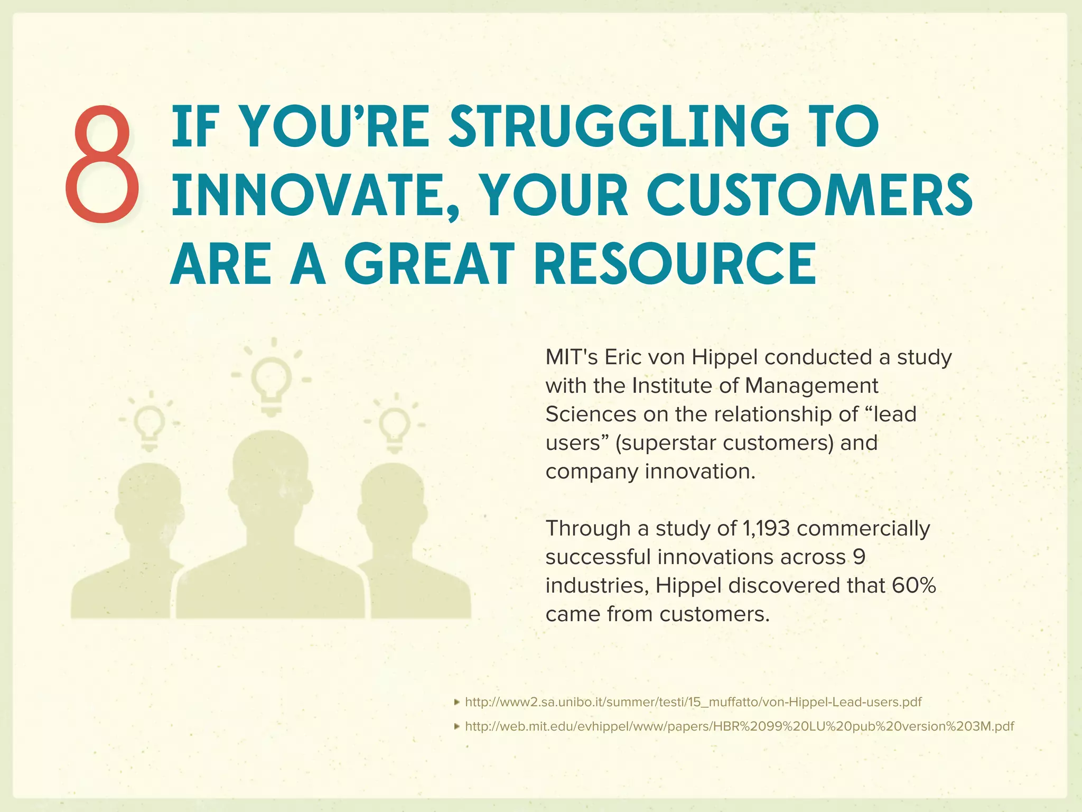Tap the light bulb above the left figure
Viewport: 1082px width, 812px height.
coord(150,425)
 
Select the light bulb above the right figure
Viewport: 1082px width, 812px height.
coord(395,426)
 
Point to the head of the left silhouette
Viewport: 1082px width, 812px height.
coord(150,502)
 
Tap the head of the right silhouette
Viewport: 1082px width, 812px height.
coord(393,502)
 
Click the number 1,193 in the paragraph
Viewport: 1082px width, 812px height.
coord(766,528)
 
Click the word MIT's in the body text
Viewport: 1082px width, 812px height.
coord(571,357)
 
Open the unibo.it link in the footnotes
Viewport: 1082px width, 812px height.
coord(693,702)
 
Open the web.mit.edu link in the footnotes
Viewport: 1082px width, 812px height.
coord(739,726)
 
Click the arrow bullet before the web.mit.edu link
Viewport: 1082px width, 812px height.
coord(457,726)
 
